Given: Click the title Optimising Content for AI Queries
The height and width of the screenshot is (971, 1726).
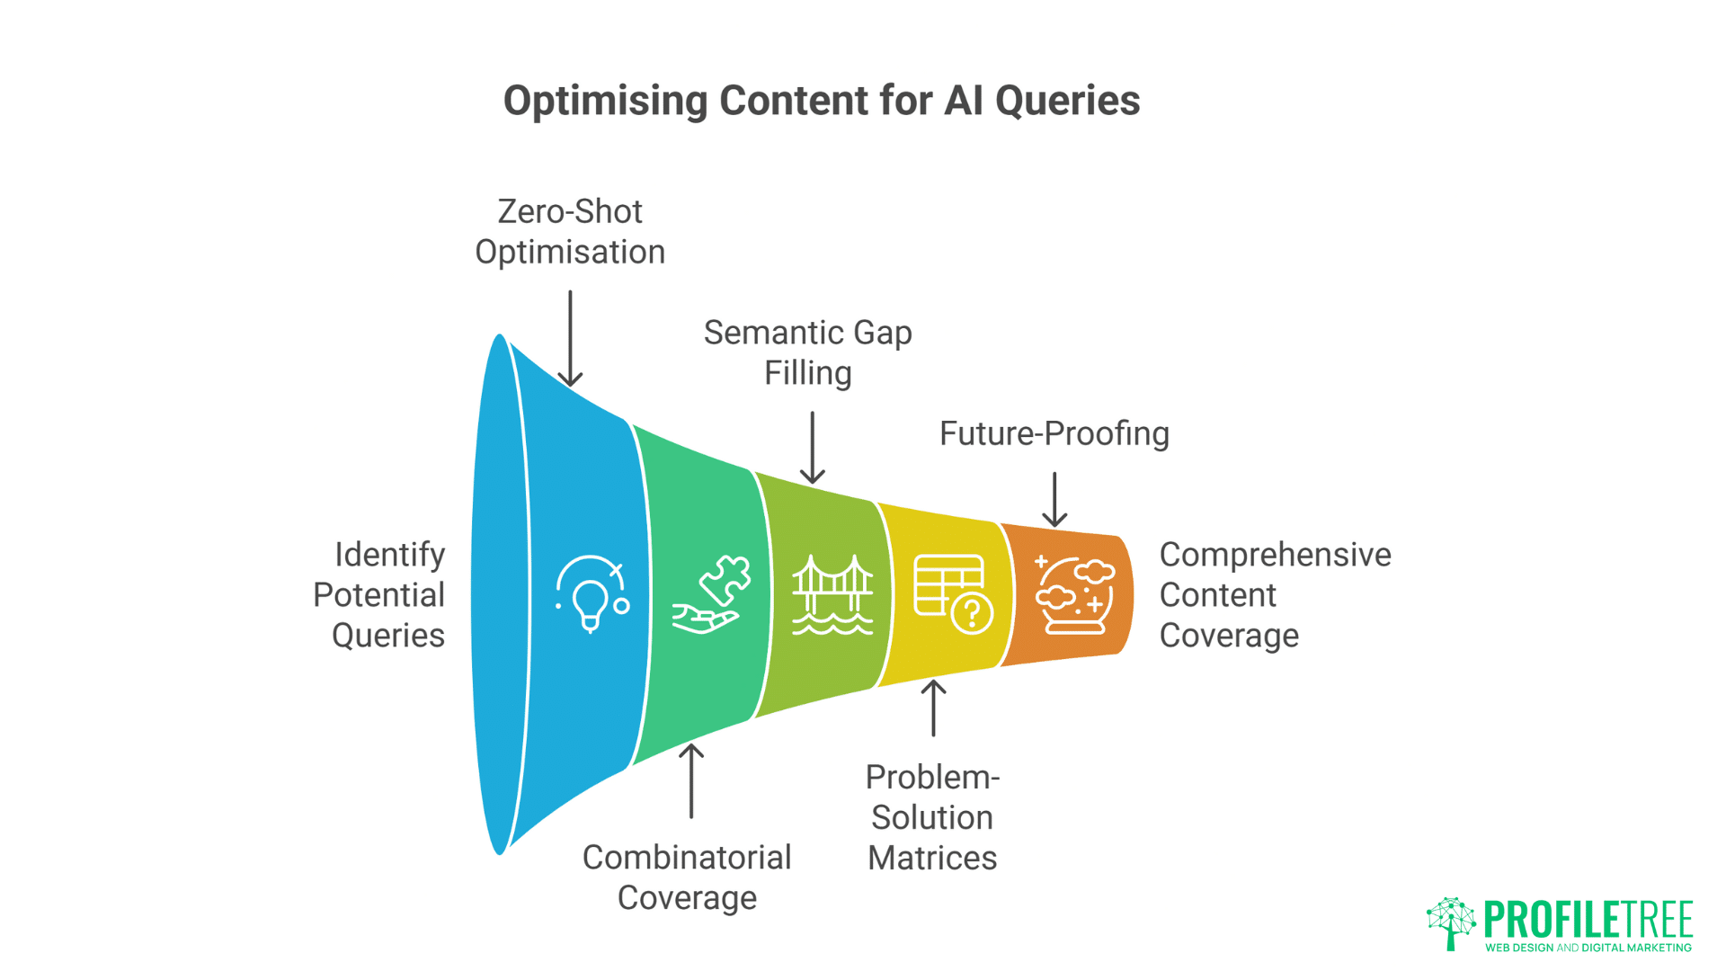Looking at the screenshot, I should point(821,101).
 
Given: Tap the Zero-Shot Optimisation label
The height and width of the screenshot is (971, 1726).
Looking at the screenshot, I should point(570,232).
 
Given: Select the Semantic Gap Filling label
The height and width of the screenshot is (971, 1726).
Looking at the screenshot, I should point(807,352).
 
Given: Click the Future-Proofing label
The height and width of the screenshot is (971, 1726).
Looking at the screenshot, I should point(1054,433).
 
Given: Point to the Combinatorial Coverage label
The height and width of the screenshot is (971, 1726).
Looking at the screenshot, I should point(687,877).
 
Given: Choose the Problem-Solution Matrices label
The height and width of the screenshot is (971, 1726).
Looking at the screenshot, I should point(932,816).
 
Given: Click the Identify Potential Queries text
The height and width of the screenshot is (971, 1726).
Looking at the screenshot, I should point(380,594).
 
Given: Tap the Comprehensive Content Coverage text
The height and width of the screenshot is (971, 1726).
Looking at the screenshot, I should point(1274,594).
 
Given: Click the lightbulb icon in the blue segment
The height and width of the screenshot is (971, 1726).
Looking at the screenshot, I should point(592,594).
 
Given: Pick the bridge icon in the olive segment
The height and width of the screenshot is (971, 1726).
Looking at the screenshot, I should point(832,594).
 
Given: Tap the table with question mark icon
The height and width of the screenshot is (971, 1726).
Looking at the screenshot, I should point(953,594).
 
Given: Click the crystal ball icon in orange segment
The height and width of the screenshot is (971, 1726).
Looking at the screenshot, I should point(1074,594).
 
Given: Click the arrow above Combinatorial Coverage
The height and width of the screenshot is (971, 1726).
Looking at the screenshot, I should point(690,780).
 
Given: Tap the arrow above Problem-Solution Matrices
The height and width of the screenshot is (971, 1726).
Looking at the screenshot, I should point(933,708).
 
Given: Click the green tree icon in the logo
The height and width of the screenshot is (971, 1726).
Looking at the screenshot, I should point(1451,922).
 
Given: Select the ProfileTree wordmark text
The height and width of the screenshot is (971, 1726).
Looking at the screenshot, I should point(1588,919).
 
